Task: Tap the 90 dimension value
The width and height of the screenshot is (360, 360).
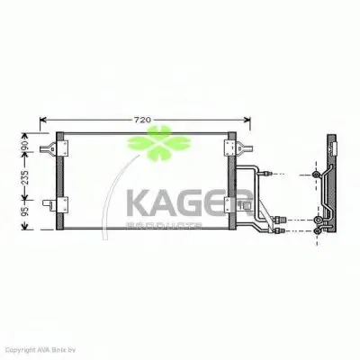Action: coord(26,144)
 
